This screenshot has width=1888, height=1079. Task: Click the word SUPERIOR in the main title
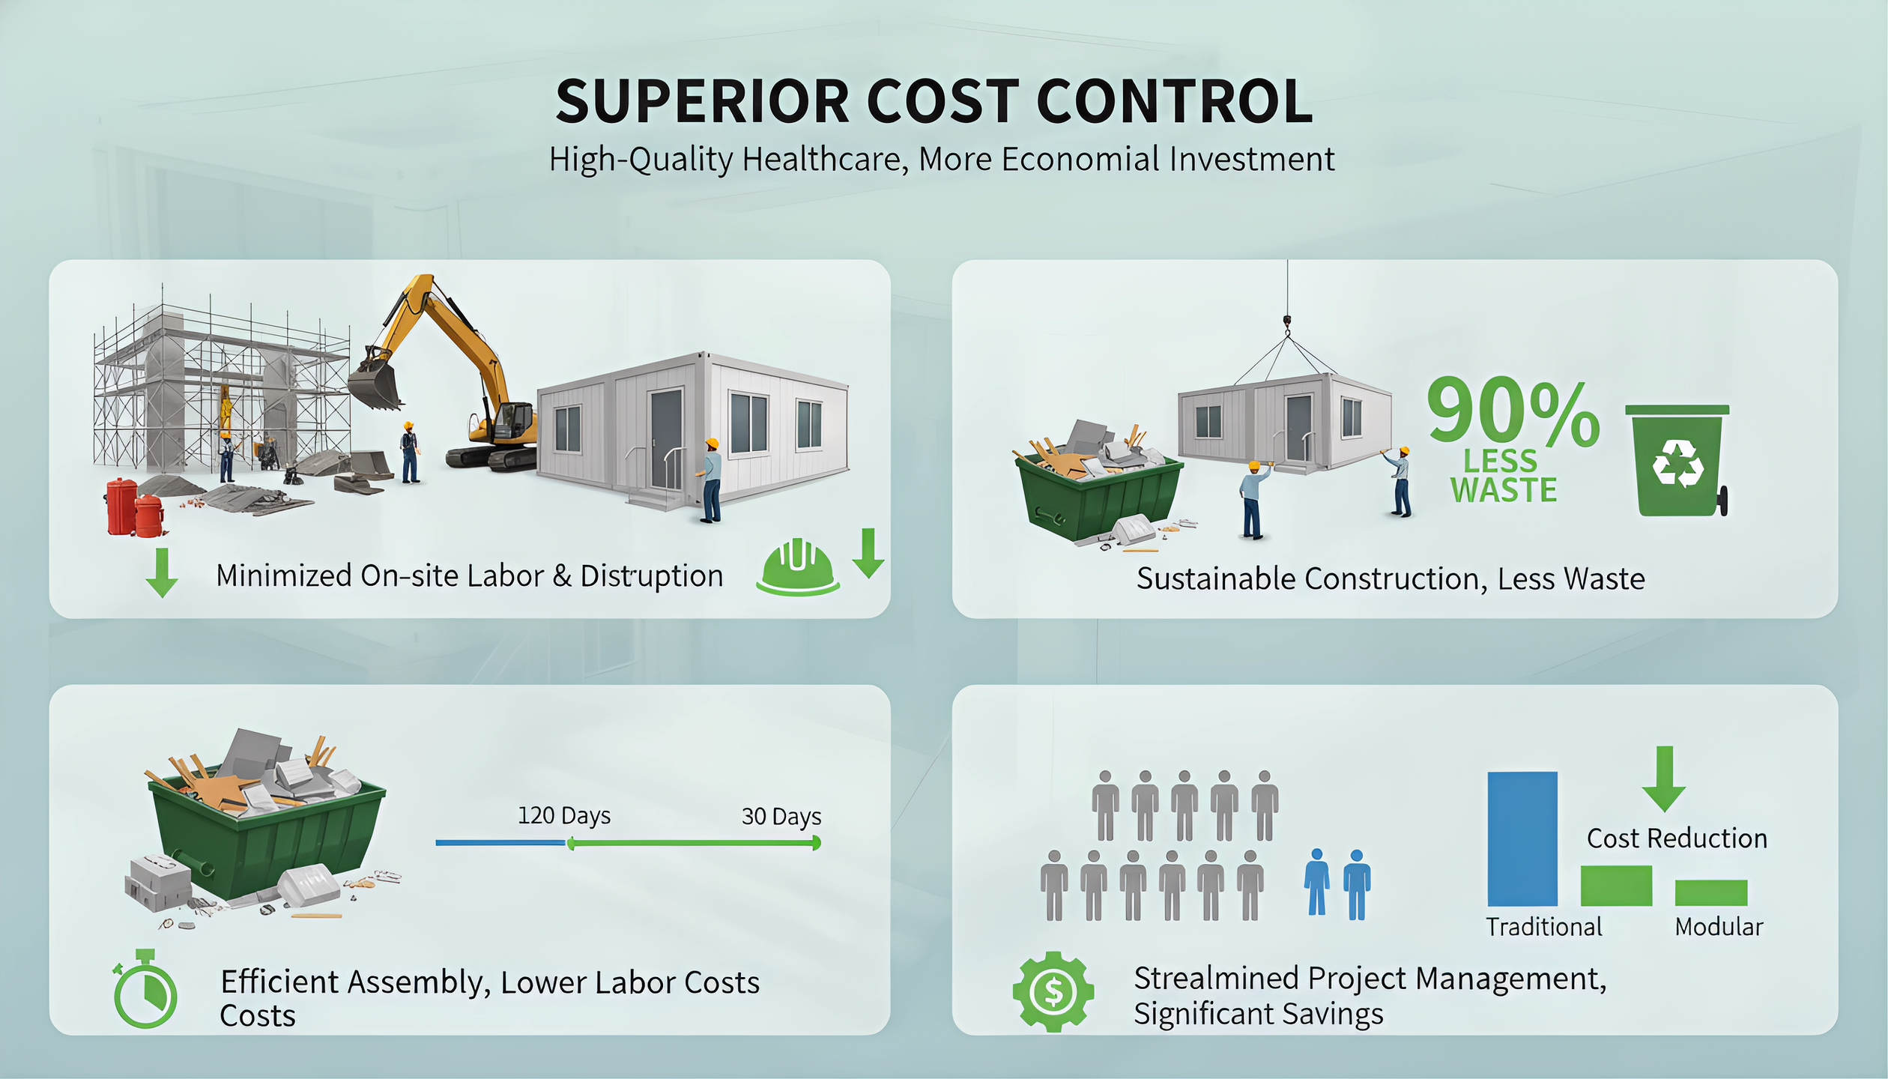(x=702, y=102)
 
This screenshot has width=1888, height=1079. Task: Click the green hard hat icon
(x=798, y=567)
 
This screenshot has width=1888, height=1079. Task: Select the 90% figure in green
(x=1513, y=413)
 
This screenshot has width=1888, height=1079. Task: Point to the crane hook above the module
(x=1287, y=323)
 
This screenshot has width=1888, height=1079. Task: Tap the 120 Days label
(x=564, y=816)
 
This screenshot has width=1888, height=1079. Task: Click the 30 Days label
(x=781, y=817)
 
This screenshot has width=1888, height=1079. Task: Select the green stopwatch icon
(x=145, y=989)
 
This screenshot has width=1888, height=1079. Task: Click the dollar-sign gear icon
(x=1053, y=992)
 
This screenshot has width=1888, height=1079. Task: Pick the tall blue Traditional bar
(x=1522, y=839)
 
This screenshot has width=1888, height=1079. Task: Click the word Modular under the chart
(x=1719, y=928)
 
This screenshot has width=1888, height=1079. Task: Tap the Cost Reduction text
(x=1677, y=838)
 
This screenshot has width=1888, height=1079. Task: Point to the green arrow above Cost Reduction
(x=1664, y=779)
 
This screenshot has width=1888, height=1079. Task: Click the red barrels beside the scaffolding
(x=136, y=508)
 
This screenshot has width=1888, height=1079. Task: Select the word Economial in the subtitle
(x=1080, y=160)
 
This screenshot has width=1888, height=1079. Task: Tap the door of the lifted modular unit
(x=1298, y=429)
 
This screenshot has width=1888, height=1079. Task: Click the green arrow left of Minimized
(x=162, y=572)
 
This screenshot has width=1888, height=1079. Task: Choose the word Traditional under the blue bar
(x=1544, y=928)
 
